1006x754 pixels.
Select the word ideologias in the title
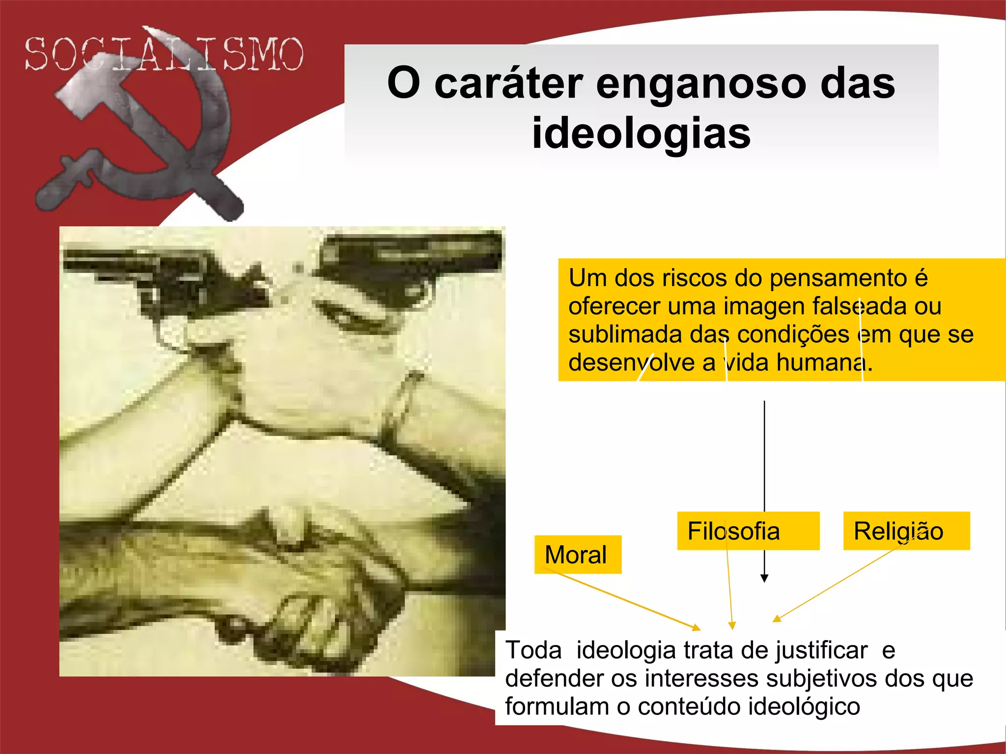click(642, 134)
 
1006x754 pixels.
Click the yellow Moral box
click(577, 555)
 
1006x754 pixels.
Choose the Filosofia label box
click(747, 531)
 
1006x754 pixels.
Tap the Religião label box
click(906, 531)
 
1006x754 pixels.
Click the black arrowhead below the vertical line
click(764, 578)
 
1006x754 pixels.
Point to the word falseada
click(859, 306)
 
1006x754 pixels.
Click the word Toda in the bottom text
click(533, 651)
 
